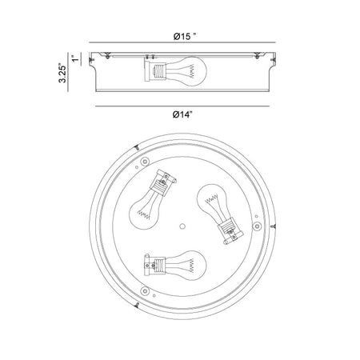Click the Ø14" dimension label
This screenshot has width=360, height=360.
[x=182, y=114]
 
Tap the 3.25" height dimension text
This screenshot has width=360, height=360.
[x=62, y=73]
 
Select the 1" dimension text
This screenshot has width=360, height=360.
[x=76, y=58]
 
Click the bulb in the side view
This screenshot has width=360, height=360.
[x=186, y=71]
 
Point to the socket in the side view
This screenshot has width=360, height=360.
[x=155, y=70]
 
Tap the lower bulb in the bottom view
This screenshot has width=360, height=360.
[x=186, y=266]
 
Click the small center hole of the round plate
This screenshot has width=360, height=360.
[x=182, y=226]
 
